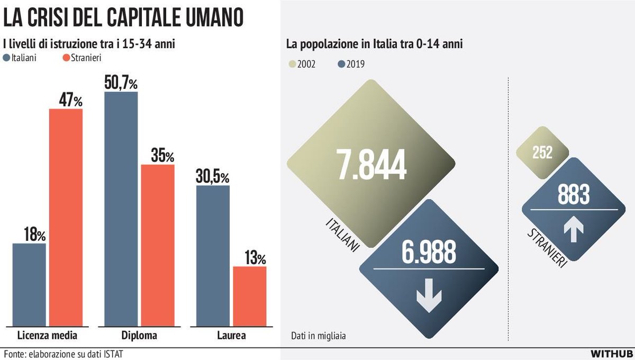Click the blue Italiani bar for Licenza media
pyautogui.click(x=29, y=284)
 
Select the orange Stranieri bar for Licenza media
pyautogui.click(x=66, y=217)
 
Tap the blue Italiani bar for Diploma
pyautogui.click(x=121, y=209)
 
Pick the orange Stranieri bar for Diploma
pyautogui.click(x=158, y=245)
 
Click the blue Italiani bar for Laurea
pyautogui.click(x=213, y=255)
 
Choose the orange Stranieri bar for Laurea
pyautogui.click(x=250, y=296)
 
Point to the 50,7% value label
pyautogui.click(x=121, y=83)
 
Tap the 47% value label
pyautogui.click(x=66, y=100)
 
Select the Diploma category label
pyautogui.click(x=139, y=336)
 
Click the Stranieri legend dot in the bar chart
pyautogui.click(x=66, y=58)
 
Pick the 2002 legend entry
pyautogui.click(x=304, y=64)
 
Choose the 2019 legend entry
pyautogui.click(x=351, y=64)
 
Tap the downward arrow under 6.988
pyautogui.click(x=429, y=298)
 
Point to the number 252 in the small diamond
pyautogui.click(x=542, y=152)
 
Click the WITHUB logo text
pyautogui.click(x=611, y=353)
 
